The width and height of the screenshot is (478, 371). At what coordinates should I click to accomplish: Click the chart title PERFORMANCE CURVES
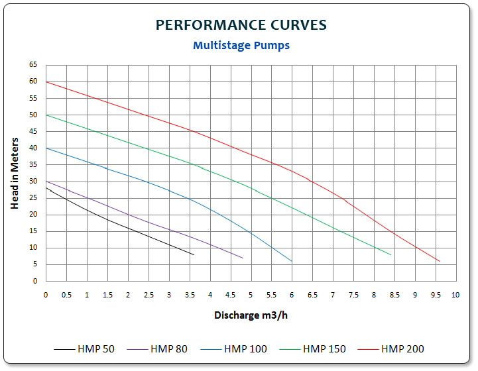241,25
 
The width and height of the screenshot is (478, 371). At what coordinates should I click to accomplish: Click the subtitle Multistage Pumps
241,46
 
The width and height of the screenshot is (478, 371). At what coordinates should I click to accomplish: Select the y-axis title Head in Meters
14,172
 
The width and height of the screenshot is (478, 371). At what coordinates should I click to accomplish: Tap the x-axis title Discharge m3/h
250,315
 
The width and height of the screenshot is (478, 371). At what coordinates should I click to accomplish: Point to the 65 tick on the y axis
32,65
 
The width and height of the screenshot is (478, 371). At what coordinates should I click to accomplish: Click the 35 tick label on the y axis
32,164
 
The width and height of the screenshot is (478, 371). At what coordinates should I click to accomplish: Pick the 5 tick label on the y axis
34,264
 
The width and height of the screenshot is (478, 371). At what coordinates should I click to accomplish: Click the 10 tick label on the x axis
455,294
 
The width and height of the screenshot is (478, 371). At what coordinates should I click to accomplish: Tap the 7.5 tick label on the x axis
353,294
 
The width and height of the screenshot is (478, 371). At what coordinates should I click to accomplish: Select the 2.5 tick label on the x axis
148,294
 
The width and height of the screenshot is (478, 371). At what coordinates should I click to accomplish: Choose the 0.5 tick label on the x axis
66,294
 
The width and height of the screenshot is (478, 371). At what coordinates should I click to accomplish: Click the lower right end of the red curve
439,261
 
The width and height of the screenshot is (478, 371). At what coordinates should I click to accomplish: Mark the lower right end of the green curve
390,254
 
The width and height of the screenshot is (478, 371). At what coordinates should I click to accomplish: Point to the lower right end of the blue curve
292,261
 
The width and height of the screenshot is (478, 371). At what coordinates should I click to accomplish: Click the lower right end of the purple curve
243,258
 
